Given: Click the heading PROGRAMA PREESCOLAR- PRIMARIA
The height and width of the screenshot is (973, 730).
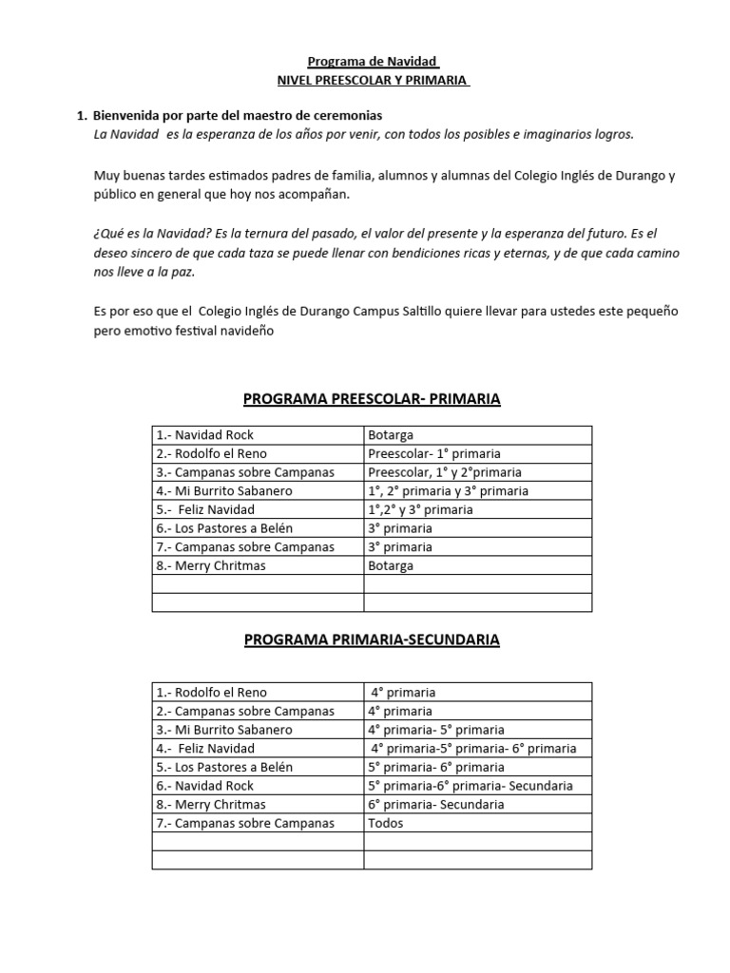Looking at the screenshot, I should tap(372, 399).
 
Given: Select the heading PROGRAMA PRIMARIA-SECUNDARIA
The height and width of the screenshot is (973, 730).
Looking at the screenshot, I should tap(372, 640).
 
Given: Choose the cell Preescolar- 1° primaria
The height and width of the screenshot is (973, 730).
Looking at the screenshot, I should tap(434, 453).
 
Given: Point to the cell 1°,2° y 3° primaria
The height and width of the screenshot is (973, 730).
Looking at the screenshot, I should tap(420, 509).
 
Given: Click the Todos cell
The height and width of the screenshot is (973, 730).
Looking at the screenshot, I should tap(386, 823).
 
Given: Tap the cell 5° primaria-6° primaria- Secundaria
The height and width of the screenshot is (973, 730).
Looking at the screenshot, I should tap(471, 786).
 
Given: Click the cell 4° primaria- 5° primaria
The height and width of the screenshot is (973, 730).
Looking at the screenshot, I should tap(436, 730).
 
